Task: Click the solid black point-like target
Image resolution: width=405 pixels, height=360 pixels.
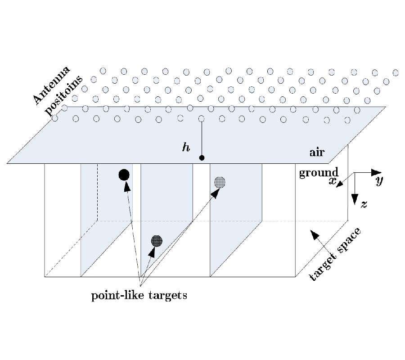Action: coord(124,175)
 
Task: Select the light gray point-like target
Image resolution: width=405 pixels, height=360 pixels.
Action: coord(220,182)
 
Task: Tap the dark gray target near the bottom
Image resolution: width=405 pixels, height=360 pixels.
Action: coord(156,241)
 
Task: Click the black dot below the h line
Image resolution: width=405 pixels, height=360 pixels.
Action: coord(202,157)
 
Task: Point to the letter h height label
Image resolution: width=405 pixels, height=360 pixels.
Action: coord(185,148)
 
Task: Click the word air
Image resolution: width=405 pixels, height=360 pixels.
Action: coord(317,152)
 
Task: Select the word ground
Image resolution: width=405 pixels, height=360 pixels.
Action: coord(319,172)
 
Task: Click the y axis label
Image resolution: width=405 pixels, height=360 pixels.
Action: coord(379,181)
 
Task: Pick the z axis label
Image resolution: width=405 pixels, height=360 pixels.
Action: coord(364,204)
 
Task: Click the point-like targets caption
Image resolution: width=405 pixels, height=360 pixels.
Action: coord(139,296)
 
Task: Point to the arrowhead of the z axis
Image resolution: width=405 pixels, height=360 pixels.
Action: coord(355,198)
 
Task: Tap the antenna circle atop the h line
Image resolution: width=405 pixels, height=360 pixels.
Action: coord(201,119)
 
